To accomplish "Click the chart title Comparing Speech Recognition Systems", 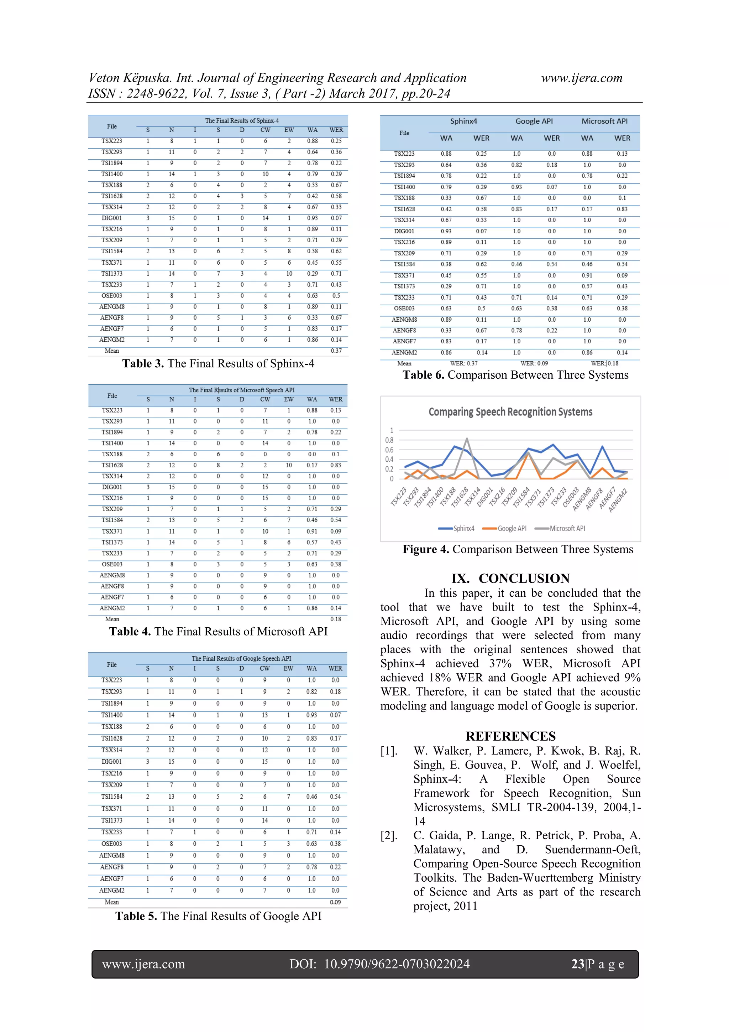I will [x=510, y=412].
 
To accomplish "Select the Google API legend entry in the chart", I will [x=511, y=528].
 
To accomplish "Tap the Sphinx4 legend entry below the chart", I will [x=463, y=528].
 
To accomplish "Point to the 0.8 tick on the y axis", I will [x=389, y=440].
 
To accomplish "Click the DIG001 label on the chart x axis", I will [x=486, y=498].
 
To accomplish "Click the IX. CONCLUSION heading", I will [x=510, y=578].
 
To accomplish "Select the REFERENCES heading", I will [x=510, y=736].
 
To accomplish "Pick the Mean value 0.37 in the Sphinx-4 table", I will [x=336, y=351].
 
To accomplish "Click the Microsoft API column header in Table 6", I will [x=604, y=121].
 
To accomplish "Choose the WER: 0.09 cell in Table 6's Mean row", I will [x=534, y=363].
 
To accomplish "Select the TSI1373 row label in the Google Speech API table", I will [x=111, y=820].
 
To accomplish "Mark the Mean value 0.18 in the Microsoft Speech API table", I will [x=336, y=619].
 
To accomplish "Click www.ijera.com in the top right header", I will [x=581, y=78].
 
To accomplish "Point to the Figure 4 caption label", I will [x=425, y=549].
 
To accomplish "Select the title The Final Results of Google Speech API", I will [x=241, y=658].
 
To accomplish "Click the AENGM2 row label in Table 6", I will [x=404, y=352].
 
